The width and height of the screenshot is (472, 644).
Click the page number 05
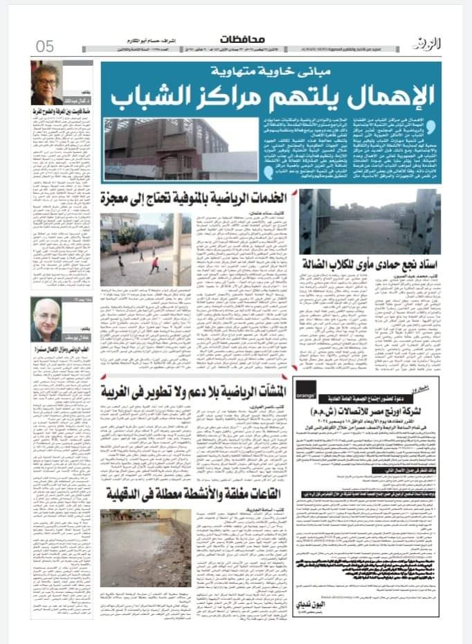45,46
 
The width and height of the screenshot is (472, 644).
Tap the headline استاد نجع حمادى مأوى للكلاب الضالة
370,260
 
